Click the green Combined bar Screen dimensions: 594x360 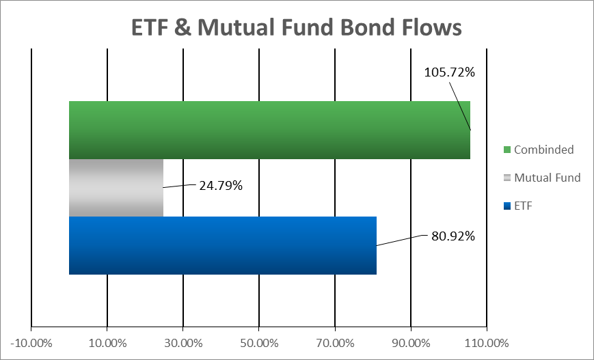click(x=269, y=130)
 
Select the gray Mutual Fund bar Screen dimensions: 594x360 click(x=116, y=188)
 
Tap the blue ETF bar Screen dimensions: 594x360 click(x=223, y=245)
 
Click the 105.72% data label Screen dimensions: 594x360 click(x=449, y=72)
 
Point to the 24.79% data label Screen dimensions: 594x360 click(x=221, y=186)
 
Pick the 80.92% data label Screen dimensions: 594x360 click(x=453, y=236)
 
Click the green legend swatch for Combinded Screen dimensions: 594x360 click(x=507, y=150)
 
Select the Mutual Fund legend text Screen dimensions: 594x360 click(x=548, y=178)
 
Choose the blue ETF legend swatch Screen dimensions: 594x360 click(x=507, y=206)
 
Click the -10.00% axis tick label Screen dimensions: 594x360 click(x=31, y=344)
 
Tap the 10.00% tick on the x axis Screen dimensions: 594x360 click(x=107, y=344)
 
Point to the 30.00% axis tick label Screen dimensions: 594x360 click(x=183, y=344)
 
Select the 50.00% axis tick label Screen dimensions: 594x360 click(x=260, y=344)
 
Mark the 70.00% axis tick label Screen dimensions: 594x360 click(x=335, y=344)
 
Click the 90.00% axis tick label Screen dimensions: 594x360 click(x=411, y=344)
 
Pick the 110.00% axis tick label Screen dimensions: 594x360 click(x=487, y=344)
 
